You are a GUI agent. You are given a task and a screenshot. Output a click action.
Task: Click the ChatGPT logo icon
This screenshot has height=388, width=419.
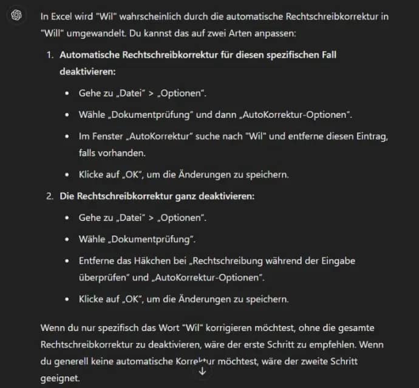click(16, 16)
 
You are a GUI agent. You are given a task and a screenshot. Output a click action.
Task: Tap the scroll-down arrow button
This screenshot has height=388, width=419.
click(202, 371)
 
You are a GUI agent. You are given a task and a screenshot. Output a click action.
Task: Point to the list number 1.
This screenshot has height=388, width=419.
click(50, 55)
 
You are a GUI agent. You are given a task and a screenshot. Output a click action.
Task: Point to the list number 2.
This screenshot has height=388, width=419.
click(50, 196)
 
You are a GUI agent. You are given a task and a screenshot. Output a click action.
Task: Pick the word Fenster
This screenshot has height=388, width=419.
click(107, 136)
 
